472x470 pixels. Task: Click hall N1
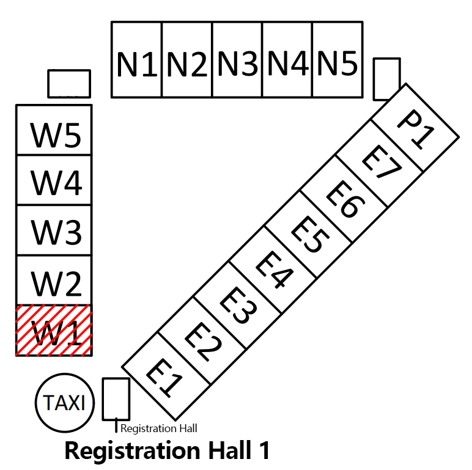pos(136,60)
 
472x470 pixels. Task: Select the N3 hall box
pos(237,60)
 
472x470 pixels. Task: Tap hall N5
pos(337,60)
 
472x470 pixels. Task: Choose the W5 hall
pos(54,130)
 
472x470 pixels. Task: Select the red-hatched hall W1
pos(54,330)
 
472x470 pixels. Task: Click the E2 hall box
pos(202,341)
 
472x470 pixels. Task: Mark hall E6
pos(344,199)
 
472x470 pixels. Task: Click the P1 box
pos(416,127)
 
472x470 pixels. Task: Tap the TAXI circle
pos(65,403)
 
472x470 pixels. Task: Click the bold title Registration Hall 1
pos(167,450)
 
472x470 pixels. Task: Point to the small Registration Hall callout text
pos(159,428)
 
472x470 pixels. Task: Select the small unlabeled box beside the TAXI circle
pos(116,398)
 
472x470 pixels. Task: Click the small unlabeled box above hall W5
pos(69,83)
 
